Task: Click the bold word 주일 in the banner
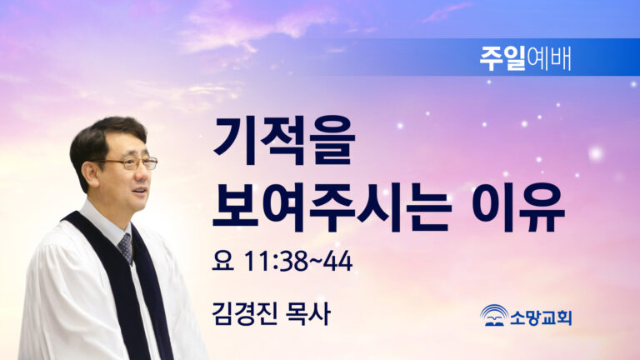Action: coord(502,58)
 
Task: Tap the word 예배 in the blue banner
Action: coord(548,58)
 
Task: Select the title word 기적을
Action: coord(284,141)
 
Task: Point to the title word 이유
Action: coord(518,207)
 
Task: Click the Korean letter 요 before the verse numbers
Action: coord(222,260)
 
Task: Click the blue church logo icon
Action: coord(494,315)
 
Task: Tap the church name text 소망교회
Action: coord(541,317)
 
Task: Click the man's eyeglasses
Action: coord(130,163)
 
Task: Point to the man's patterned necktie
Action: coord(126,247)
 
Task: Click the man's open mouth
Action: coord(140,191)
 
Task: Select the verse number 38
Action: coord(294,261)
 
